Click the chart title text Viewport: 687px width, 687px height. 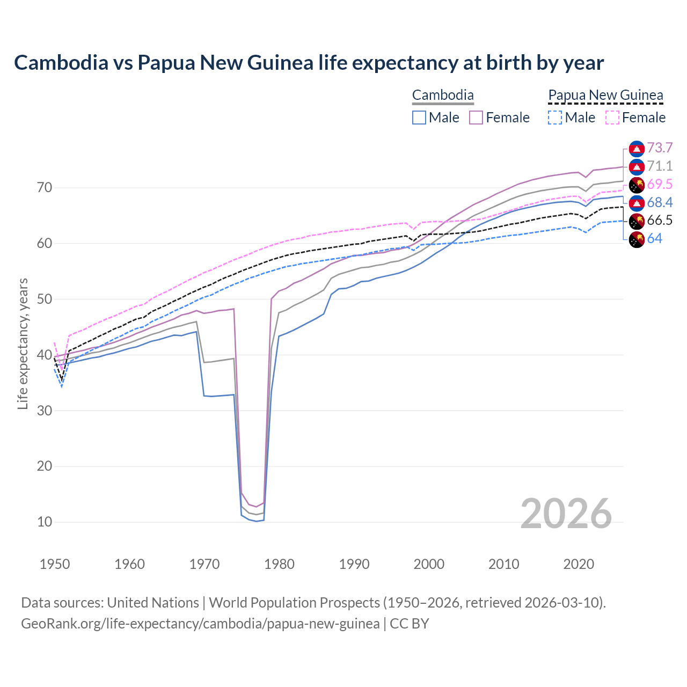(x=309, y=63)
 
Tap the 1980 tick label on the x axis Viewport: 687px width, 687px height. (x=279, y=564)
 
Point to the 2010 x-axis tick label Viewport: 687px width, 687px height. (x=503, y=564)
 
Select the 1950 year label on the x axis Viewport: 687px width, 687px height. (x=55, y=564)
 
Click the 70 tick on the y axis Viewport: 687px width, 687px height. (x=44, y=188)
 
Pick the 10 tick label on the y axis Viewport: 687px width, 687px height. (x=44, y=522)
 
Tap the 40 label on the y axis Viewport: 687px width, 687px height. (x=44, y=355)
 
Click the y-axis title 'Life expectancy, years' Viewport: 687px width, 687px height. (x=23, y=343)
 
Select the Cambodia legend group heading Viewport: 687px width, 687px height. (x=443, y=96)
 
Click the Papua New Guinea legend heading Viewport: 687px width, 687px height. (x=605, y=96)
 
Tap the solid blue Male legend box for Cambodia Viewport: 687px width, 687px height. (x=419, y=118)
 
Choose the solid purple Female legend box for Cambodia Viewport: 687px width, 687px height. (x=476, y=118)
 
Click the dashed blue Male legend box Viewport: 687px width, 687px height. (x=555, y=118)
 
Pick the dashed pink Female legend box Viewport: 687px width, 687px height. (x=612, y=118)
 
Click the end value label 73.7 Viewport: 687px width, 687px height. (x=660, y=148)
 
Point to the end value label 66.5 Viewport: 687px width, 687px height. (x=660, y=221)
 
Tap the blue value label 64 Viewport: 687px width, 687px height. (x=654, y=239)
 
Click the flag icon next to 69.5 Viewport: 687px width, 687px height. (x=637, y=185)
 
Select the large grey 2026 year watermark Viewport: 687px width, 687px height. (x=566, y=514)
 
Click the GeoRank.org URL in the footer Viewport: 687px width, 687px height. (x=200, y=624)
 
